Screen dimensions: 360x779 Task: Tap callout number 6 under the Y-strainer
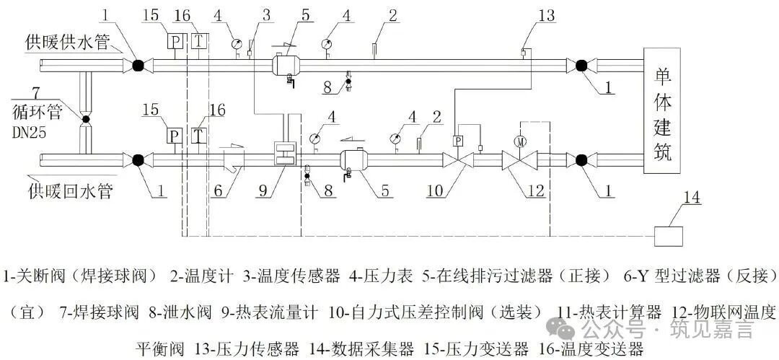218,191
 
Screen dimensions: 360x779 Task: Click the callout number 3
266,15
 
